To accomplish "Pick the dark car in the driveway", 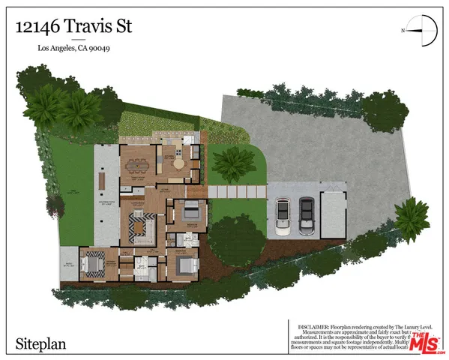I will [307, 216].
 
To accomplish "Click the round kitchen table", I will [179, 161].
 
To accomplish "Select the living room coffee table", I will [139, 224].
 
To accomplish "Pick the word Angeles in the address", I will [68, 49].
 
